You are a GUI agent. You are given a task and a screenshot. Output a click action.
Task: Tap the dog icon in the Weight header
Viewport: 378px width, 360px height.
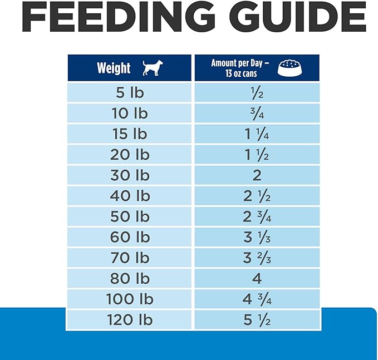click(151, 68)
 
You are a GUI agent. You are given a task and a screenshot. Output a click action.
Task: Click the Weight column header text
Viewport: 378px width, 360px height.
click(114, 68)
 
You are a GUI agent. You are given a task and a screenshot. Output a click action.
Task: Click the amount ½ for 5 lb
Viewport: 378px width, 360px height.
click(257, 93)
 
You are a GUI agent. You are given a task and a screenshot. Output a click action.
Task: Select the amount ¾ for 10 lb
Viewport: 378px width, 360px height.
click(257, 114)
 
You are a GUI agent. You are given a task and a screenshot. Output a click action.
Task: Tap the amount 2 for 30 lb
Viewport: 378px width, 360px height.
click(257, 175)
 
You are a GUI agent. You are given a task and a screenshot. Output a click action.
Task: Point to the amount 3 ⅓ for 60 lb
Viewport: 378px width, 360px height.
click(257, 237)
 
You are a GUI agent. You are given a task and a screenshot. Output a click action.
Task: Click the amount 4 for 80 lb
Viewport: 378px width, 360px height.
click(257, 278)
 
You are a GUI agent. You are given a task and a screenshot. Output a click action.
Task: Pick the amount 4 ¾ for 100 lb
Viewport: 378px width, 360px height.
click(257, 299)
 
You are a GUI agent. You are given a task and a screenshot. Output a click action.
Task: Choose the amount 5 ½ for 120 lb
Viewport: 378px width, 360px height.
click(257, 319)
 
